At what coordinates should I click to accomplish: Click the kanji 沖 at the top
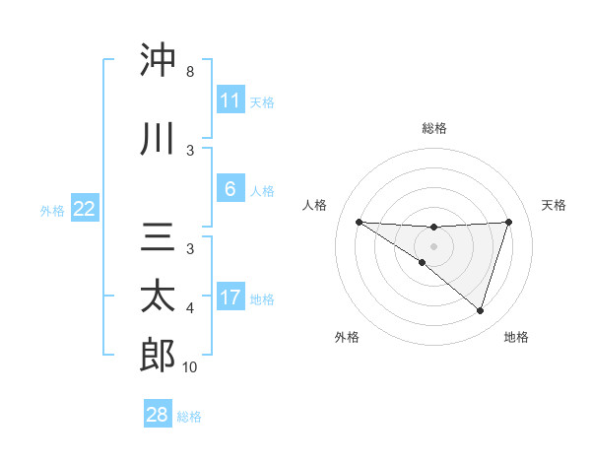coord(158,61)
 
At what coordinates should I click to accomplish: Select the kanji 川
coord(158,140)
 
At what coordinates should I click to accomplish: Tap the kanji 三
coord(158,237)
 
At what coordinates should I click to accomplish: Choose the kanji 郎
coord(158,356)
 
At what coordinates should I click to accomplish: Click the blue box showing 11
coord(230,100)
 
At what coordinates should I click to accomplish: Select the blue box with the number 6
coord(230,189)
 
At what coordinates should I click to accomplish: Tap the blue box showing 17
coord(230,298)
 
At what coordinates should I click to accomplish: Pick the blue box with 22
coord(85,209)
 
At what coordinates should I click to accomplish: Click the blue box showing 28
coord(158,415)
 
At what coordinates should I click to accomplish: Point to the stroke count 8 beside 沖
coord(189,73)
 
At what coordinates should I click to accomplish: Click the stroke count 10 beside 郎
coord(189,367)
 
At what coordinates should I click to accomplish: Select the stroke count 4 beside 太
coord(189,309)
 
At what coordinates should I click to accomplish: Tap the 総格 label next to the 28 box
coord(189,417)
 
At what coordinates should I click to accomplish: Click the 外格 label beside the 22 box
coord(52,210)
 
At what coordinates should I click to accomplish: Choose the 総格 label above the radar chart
coord(433,128)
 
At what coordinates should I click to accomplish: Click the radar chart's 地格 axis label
coord(516,337)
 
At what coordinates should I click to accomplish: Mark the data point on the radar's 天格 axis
coord(508,222)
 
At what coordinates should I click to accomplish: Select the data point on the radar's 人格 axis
coord(359,222)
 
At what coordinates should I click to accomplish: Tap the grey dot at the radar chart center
coord(433,245)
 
